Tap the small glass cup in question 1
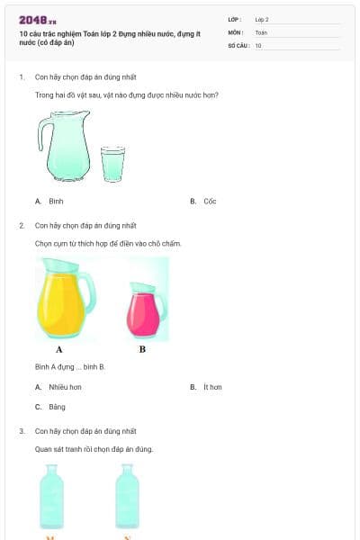[113, 163]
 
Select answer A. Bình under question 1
[49, 202]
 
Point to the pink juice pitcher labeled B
[147, 307]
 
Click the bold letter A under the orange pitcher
[59, 349]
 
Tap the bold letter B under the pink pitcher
[142, 349]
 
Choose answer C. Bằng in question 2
[51, 407]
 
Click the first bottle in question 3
[51, 496]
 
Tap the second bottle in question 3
[127, 496]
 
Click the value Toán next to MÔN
[261, 31]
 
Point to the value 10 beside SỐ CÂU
[258, 45]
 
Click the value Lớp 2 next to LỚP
[262, 19]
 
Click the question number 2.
[22, 225]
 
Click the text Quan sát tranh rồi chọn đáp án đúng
[94, 449]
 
